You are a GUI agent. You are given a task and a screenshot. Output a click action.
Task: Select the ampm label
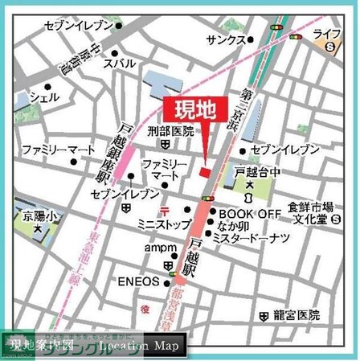click(159, 248)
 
